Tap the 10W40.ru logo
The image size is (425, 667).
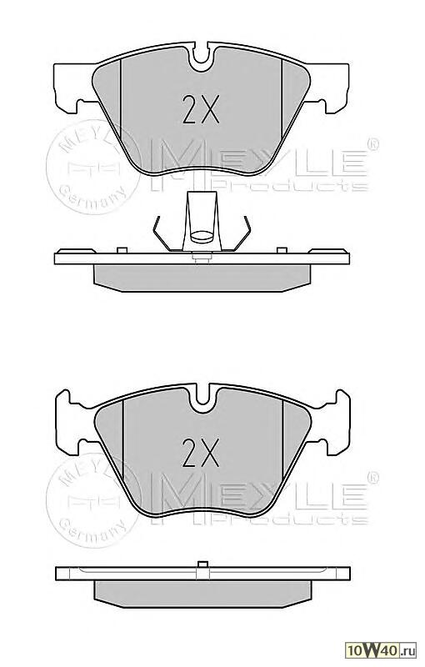(x=387, y=649)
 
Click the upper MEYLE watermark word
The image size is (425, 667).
(x=257, y=158)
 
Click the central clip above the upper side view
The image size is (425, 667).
(x=201, y=220)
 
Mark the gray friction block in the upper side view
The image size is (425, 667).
(x=201, y=274)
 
